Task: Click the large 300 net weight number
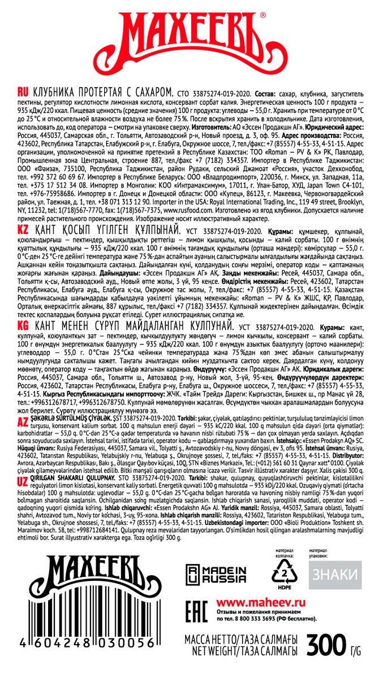326,645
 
